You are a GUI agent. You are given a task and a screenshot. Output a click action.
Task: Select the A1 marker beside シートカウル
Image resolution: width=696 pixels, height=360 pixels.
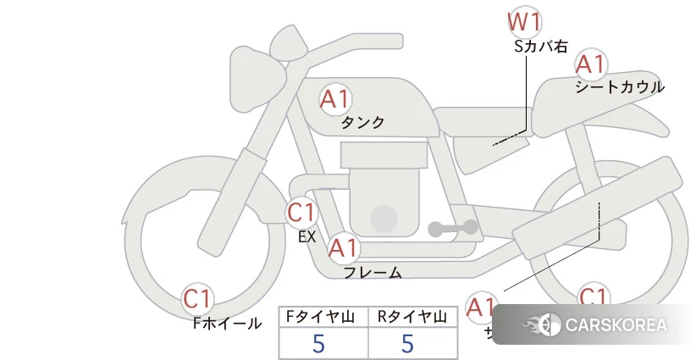pos(590,64)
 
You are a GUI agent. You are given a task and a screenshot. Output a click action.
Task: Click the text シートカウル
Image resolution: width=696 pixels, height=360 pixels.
pos(620,86)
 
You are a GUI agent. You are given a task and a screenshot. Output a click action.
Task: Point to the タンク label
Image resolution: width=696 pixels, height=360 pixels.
pos(362,122)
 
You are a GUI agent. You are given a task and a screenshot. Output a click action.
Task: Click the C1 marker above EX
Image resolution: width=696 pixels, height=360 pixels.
pos(301,212)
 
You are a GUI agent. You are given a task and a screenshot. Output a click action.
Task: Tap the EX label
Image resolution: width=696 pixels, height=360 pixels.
pos(307,237)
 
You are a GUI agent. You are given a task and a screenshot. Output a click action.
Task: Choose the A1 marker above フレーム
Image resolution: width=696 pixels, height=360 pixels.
pos(343,249)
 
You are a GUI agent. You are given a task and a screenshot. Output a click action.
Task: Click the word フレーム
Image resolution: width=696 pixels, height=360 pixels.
pos(373,272)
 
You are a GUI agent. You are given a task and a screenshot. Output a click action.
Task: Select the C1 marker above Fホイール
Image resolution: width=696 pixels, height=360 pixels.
pos(198,299)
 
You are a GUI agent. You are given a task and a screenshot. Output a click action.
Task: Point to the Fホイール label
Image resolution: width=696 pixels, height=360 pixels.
pos(227,323)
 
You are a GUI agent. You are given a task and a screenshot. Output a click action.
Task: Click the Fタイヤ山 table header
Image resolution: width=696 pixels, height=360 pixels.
pos(323,317)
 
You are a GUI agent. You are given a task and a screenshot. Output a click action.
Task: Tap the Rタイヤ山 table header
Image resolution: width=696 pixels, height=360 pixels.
pos(412,317)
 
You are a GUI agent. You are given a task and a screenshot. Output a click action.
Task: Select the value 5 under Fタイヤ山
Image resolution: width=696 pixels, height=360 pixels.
pos(318,344)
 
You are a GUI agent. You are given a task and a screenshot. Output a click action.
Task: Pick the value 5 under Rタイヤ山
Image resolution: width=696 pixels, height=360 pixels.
pos(408,344)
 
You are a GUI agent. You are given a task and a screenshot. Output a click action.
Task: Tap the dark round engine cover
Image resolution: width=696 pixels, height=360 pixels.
pos(384,218)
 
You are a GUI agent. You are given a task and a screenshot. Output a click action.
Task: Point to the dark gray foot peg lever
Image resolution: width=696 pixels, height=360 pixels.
pos(453,229)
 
